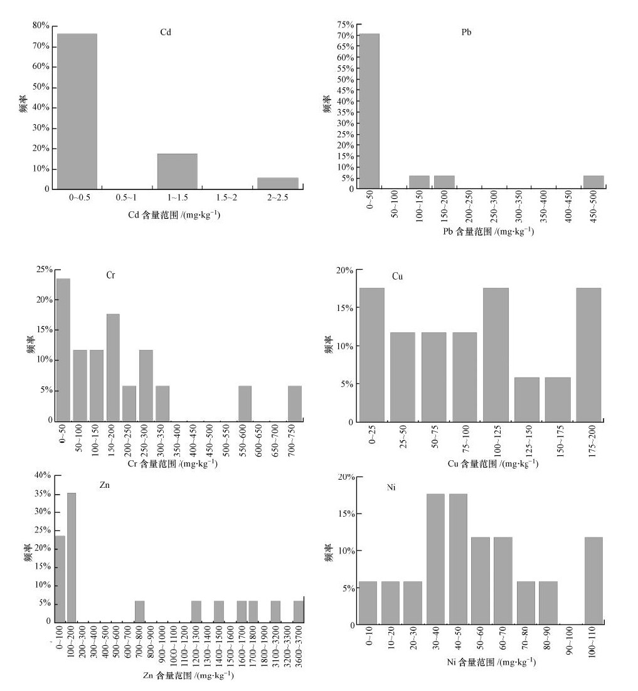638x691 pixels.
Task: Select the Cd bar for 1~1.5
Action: [x=178, y=171]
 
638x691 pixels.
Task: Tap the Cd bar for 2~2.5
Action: [x=278, y=183]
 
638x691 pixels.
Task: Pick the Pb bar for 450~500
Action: [x=593, y=182]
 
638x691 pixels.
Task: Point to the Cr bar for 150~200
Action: [x=113, y=367]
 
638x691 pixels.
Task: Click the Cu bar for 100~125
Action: [x=496, y=354]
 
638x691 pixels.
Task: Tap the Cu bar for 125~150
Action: [x=527, y=399]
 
